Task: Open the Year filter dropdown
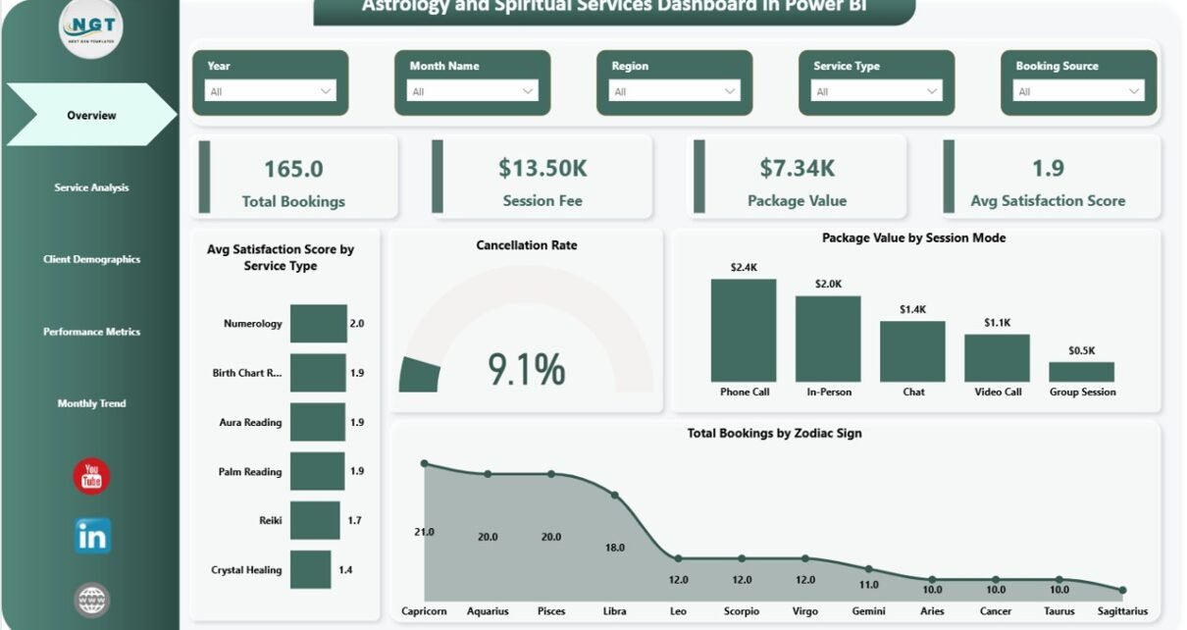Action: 270,91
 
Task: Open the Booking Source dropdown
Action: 1078,91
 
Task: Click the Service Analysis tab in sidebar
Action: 91,187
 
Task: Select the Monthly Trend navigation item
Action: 91,403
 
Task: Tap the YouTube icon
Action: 91,477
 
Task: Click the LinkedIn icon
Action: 92,536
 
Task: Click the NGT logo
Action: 91,28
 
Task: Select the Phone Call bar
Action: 744,331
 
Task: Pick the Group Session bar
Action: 1081,372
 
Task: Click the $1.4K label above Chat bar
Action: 912,309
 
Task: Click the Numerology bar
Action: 318,323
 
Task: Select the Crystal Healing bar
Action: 310,569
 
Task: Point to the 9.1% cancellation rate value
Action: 527,370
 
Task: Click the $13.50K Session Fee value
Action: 542,168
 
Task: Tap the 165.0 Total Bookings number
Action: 293,169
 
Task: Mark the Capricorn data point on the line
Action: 424,463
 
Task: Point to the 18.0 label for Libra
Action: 615,548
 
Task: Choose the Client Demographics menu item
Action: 91,259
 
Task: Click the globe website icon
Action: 92,600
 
